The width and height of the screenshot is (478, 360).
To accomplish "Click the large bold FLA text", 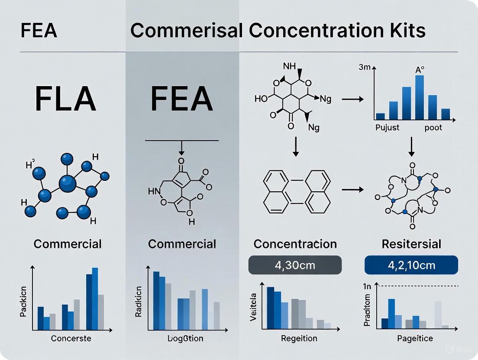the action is click(65, 100).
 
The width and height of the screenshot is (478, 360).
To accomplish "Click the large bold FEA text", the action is click(181, 100).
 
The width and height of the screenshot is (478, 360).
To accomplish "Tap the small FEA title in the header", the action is click(39, 31).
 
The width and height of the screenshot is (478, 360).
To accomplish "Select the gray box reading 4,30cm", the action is click(295, 265).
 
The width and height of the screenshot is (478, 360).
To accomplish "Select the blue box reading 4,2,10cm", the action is click(411, 265).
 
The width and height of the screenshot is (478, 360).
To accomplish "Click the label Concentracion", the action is click(295, 244).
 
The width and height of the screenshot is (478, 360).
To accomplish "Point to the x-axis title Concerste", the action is click(71, 338).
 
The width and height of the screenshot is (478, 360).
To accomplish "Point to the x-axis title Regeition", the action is click(299, 338).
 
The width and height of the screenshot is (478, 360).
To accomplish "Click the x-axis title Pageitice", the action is click(415, 338).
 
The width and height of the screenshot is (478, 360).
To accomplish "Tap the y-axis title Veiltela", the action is click(253, 307).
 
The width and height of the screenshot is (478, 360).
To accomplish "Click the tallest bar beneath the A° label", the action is click(419, 97).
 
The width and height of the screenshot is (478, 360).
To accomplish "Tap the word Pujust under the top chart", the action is click(387, 128).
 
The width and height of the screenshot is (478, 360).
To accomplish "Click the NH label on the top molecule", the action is click(289, 67).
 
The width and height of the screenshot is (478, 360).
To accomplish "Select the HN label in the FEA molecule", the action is click(155, 191).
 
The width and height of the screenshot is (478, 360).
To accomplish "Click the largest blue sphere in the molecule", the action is click(67, 184).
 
